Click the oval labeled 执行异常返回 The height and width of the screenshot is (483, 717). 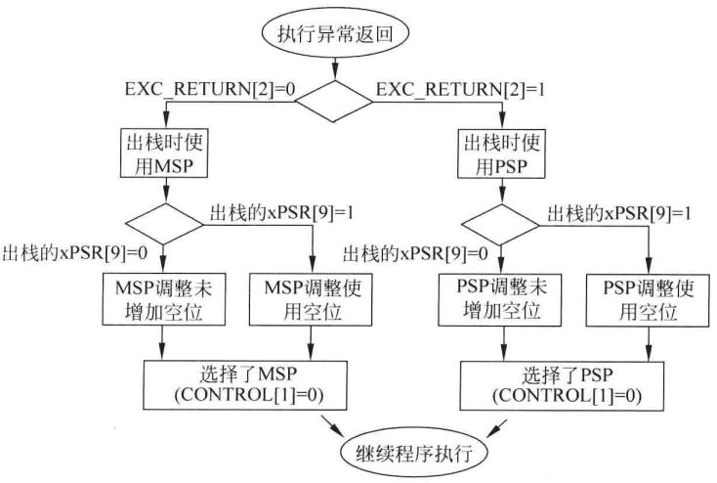coord(334,29)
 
